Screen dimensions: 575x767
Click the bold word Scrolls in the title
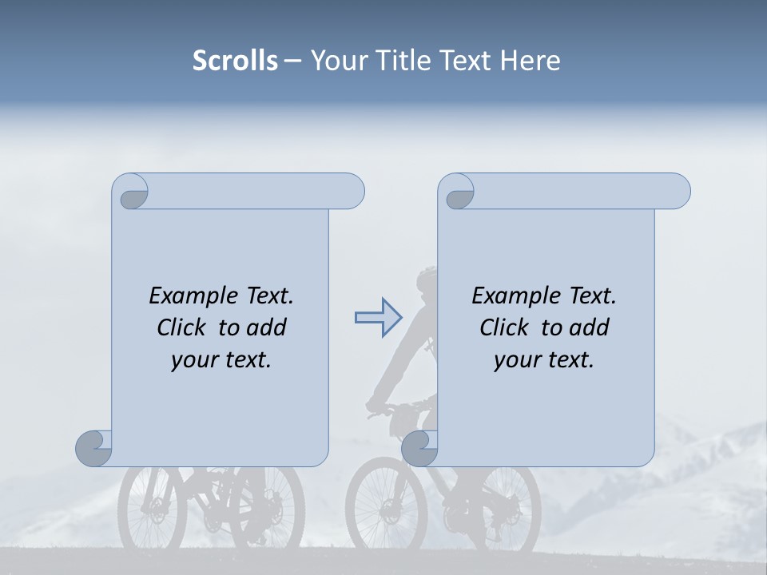click(x=235, y=61)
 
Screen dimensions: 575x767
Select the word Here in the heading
click(x=531, y=61)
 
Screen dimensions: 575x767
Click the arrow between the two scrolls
click(x=377, y=318)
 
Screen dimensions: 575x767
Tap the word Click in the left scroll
click(x=182, y=327)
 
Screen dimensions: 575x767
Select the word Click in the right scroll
click(x=505, y=327)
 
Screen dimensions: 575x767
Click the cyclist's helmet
click(x=427, y=278)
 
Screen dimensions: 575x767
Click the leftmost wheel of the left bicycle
click(x=152, y=508)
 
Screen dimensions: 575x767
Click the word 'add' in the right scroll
click(x=590, y=327)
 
